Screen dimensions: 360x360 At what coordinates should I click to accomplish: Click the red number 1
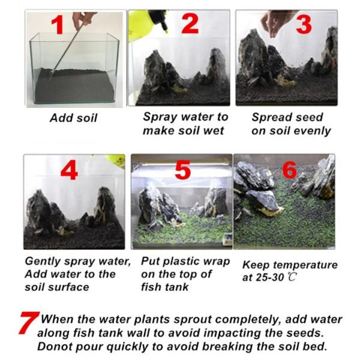pos(58,25)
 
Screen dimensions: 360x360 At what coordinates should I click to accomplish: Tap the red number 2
pos(190,23)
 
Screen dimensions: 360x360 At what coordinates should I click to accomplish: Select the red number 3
pos(304,25)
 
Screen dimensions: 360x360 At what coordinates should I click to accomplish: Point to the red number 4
pos(69,170)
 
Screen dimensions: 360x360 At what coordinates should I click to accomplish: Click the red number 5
pos(182,170)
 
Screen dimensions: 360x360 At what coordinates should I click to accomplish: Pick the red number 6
pos(289,170)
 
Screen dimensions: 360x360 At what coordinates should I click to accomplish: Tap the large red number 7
pos(29,323)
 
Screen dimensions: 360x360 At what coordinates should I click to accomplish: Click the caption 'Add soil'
pos(74,118)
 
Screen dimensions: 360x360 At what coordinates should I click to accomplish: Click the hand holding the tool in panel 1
pos(83,19)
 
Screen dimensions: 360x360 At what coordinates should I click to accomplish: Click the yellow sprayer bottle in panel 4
pos(115,161)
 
